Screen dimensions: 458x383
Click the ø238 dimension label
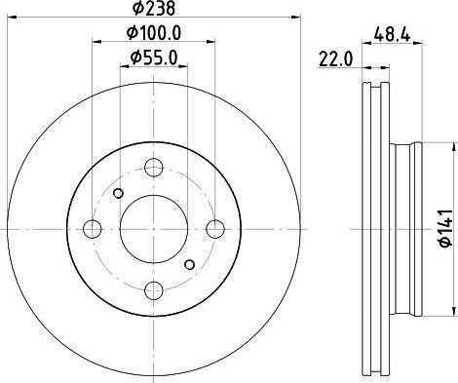click(x=154, y=9)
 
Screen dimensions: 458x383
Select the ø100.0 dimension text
click(x=154, y=33)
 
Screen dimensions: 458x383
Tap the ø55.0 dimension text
click(x=154, y=57)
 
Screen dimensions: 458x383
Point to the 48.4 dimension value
click(x=392, y=34)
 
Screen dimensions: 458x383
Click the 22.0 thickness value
click(x=335, y=59)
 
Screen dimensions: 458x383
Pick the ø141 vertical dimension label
click(x=446, y=228)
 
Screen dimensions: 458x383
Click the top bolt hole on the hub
click(x=154, y=168)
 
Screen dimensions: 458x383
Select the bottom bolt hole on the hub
click(x=154, y=290)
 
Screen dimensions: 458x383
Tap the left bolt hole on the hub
click(x=93, y=229)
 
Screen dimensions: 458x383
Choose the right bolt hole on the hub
click(x=215, y=229)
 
